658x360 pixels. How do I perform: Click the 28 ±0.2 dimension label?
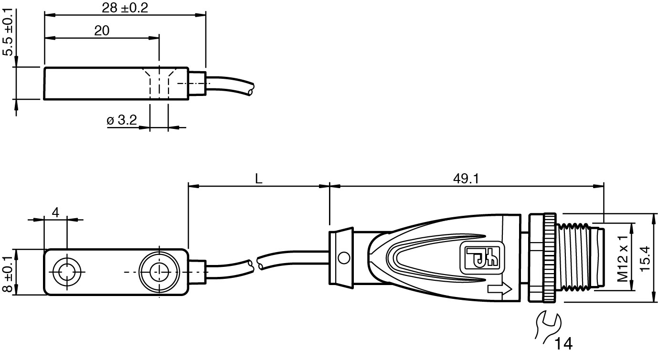125,8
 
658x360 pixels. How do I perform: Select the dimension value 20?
102,31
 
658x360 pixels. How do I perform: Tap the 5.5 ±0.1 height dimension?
8,32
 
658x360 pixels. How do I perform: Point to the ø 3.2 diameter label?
122,120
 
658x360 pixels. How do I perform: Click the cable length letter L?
258,179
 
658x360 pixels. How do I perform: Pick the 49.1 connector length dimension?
466,179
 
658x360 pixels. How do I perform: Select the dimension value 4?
55,212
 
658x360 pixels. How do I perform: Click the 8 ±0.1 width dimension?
8,274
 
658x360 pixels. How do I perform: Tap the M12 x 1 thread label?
623,258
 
